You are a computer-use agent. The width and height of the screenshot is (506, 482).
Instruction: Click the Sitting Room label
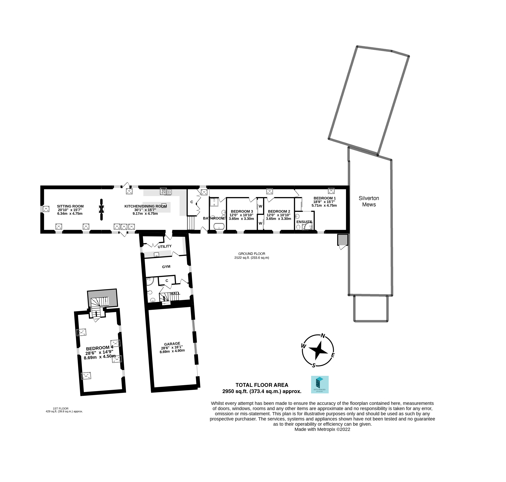coord(70,206)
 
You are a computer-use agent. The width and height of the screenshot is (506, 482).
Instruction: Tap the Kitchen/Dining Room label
coord(145,206)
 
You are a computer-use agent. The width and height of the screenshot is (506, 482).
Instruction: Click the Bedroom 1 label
coord(325,198)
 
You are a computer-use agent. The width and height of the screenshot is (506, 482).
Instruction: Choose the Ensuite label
coord(304,222)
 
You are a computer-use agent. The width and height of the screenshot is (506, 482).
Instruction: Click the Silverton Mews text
coord(369,201)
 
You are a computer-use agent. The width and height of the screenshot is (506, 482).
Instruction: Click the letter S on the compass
coord(314,365)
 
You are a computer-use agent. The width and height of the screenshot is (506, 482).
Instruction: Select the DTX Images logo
coord(320,385)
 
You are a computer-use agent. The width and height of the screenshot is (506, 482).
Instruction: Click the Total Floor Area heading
coord(262,385)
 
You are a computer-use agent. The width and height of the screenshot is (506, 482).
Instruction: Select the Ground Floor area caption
coord(252,255)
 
